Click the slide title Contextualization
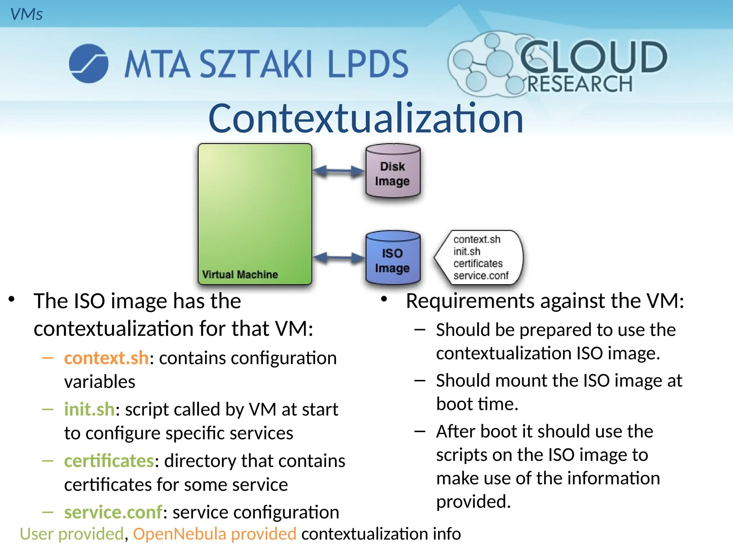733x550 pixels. click(366, 119)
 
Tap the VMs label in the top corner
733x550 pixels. click(26, 14)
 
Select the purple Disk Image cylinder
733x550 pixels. click(393, 172)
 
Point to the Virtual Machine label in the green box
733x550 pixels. click(240, 275)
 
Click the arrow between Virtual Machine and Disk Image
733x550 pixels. click(339, 171)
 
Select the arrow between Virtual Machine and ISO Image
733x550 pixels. click(339, 257)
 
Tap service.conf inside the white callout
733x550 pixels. click(481, 275)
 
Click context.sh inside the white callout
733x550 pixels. click(477, 239)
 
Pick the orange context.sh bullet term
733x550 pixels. click(106, 358)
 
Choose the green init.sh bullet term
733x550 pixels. click(89, 409)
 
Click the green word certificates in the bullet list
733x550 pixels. click(109, 461)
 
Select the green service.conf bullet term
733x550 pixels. click(113, 512)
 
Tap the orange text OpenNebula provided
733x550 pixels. click(215, 534)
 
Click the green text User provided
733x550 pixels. click(72, 534)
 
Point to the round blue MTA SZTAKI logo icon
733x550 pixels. click(88, 63)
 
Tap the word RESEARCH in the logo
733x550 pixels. click(580, 84)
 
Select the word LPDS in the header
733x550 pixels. click(368, 64)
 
